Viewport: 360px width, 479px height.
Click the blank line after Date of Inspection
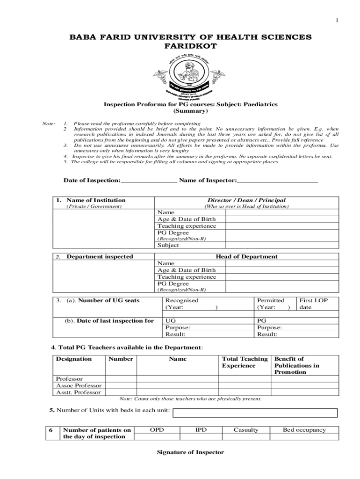pyautogui.click(x=149, y=181)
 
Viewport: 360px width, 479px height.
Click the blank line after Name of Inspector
pyautogui.click(x=277, y=181)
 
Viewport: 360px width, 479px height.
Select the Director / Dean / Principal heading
pyautogui.click(x=246, y=200)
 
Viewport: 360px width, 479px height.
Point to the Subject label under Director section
pyautogui.click(x=168, y=245)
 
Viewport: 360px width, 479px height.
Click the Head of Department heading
pyautogui.click(x=246, y=256)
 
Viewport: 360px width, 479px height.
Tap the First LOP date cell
pyautogui.click(x=313, y=304)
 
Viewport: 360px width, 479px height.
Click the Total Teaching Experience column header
pyautogui.click(x=245, y=362)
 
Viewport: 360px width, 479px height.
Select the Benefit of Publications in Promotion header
pyautogui.click(x=297, y=365)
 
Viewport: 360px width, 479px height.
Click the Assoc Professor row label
pyautogui.click(x=79, y=385)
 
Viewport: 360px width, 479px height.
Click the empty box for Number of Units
pyautogui.click(x=255, y=413)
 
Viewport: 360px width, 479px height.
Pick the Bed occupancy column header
pyautogui.click(x=304, y=430)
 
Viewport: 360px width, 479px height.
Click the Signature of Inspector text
pyautogui.click(x=190, y=452)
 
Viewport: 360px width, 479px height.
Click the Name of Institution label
pyautogui.click(x=96, y=200)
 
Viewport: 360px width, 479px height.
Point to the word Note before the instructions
pyautogui.click(x=49, y=123)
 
